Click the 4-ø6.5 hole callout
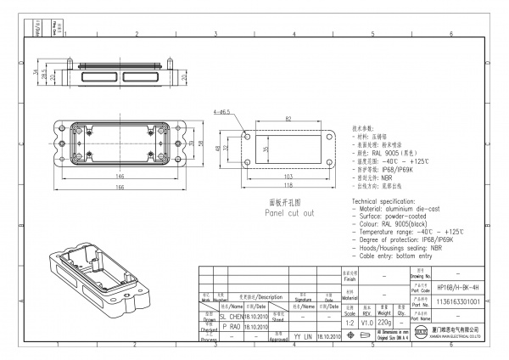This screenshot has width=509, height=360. coord(224,111)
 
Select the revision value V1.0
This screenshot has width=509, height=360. coord(367,323)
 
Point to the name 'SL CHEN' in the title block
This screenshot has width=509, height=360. coord(230,314)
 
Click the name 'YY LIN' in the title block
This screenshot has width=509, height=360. coord(303,337)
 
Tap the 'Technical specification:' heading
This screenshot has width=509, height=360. coord(387,199)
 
